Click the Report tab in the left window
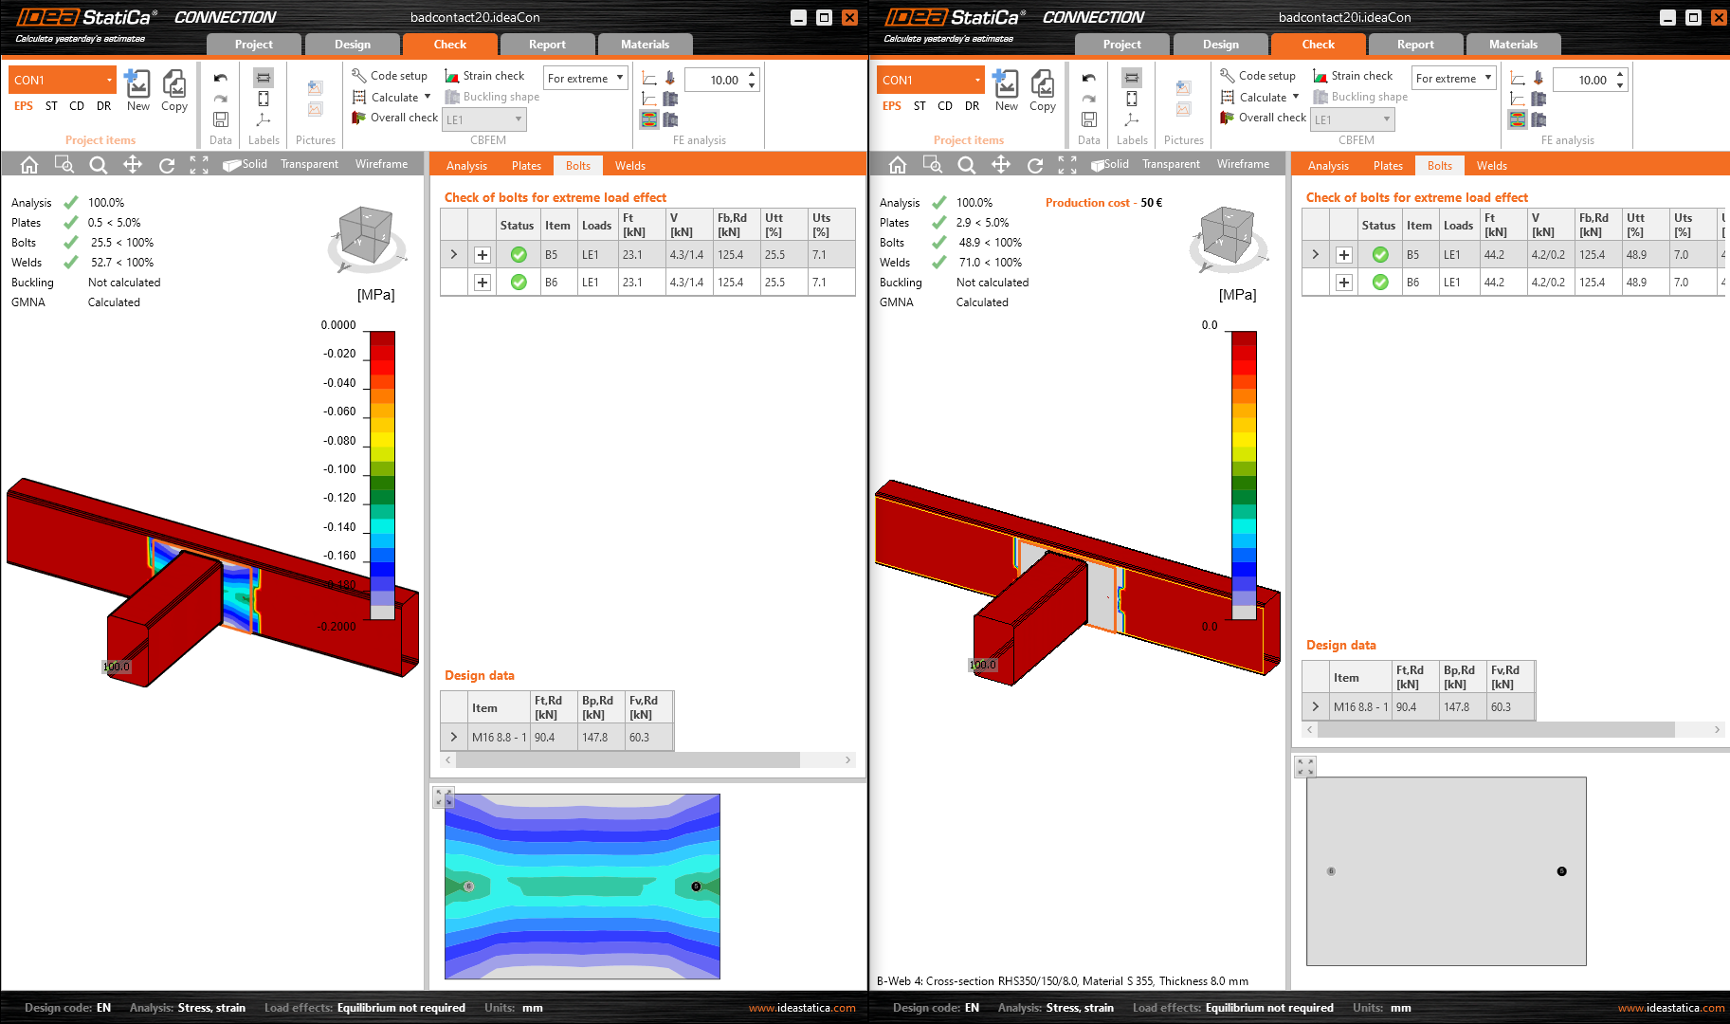547,45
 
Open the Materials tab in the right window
1513,45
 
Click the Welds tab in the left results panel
629,166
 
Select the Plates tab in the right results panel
1388,166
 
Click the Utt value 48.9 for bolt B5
1636,255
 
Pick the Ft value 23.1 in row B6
632,283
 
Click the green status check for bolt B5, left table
519,255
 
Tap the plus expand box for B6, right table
1344,283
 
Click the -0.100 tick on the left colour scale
339,469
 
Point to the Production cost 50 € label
1103,203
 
